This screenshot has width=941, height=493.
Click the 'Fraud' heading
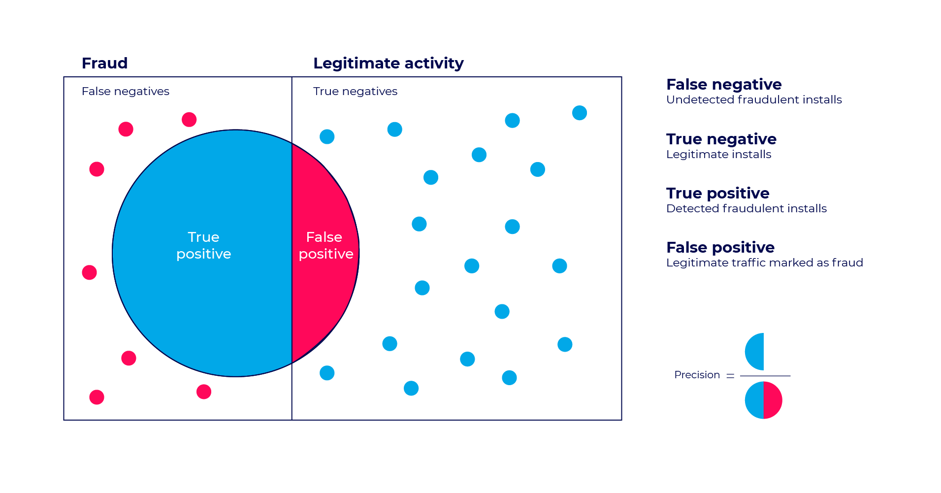click(x=104, y=64)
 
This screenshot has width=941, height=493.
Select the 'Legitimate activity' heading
click(x=388, y=64)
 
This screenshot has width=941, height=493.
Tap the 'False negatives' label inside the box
click(x=125, y=92)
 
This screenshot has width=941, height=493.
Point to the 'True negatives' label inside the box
click(x=355, y=92)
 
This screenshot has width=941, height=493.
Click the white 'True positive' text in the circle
click(x=203, y=245)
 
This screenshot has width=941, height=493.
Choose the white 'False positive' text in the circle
click(x=325, y=245)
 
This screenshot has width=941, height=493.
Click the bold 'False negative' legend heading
click(x=723, y=85)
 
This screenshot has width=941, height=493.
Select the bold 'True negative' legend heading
click(x=721, y=139)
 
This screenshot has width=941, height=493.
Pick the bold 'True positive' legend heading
click(x=717, y=194)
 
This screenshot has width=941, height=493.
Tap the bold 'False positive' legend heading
click(x=720, y=247)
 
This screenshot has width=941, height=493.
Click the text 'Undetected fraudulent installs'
click(x=754, y=100)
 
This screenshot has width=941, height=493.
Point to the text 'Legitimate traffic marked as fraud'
click(x=764, y=263)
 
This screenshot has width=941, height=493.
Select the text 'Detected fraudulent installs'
click(x=746, y=209)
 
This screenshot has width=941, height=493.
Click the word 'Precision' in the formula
click(x=697, y=375)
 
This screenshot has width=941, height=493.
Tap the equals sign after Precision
click(x=730, y=376)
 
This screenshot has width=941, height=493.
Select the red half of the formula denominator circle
click(x=773, y=400)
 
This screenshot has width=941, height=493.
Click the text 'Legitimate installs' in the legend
click(x=718, y=155)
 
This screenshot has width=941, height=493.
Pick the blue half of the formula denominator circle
click(x=754, y=400)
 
